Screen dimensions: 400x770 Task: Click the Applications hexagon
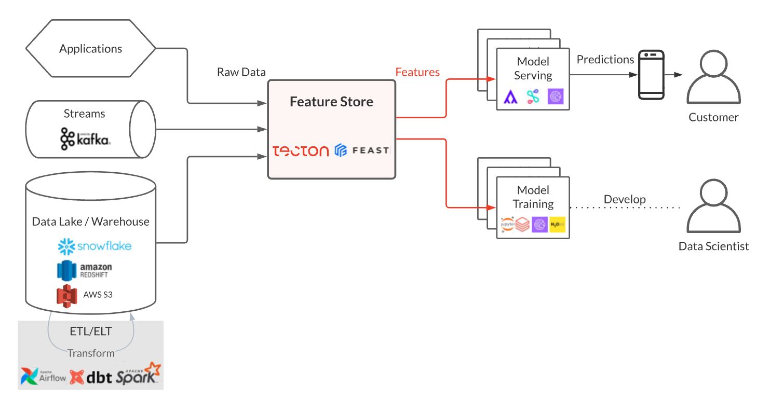91,49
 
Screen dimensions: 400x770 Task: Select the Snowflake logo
95,246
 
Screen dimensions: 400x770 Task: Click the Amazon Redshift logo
85,270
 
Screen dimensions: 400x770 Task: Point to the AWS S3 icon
67,295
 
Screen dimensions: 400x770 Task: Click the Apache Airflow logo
44,376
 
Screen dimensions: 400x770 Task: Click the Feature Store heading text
331,102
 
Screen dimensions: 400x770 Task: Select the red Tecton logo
301,151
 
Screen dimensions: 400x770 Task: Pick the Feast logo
362,150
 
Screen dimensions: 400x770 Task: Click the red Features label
417,72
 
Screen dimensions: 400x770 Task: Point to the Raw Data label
241,72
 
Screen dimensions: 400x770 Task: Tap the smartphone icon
651,75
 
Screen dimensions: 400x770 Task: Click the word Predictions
605,60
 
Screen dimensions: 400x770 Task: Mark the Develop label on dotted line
625,199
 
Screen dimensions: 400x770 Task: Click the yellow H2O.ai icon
558,225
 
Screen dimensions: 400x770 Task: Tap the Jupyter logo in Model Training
507,225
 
